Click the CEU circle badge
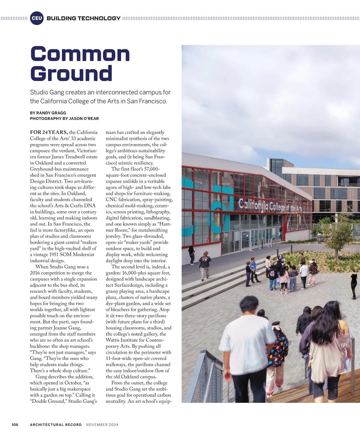[x=37, y=18]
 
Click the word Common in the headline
[x=80, y=54]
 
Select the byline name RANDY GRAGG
[x=51, y=113]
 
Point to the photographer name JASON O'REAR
[x=84, y=118]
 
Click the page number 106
[x=15, y=424]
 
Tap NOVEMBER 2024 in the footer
[x=102, y=424]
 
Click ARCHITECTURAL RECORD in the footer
[x=56, y=424]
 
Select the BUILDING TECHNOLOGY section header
[x=83, y=18]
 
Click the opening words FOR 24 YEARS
[x=49, y=132]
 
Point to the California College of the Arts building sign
[x=270, y=206]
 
